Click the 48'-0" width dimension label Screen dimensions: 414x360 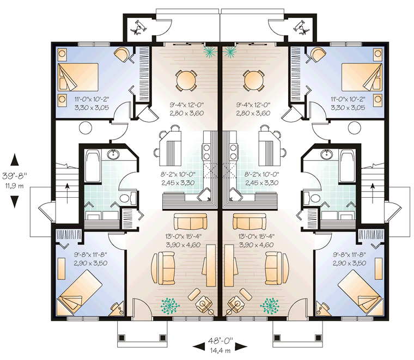coord(220,341)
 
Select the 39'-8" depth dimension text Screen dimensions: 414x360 coord(15,175)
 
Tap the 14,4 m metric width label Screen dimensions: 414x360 coord(220,351)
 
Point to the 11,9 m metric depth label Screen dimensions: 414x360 coord(15,186)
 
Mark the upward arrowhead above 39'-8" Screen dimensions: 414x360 coord(15,160)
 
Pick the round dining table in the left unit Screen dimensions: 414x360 coord(186,80)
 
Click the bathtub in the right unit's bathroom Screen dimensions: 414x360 coord(346,166)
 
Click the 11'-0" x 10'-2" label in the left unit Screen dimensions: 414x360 coord(92,100)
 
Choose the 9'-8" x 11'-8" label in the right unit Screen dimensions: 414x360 coord(349,255)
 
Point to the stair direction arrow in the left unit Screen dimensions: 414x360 coord(68,193)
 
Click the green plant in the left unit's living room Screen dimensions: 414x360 coord(171,306)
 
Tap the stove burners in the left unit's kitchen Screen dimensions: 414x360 coord(206,151)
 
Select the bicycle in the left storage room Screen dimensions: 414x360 coord(138,27)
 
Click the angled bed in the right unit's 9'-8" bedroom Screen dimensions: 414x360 coord(361,291)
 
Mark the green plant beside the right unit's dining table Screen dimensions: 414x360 coord(229,51)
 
